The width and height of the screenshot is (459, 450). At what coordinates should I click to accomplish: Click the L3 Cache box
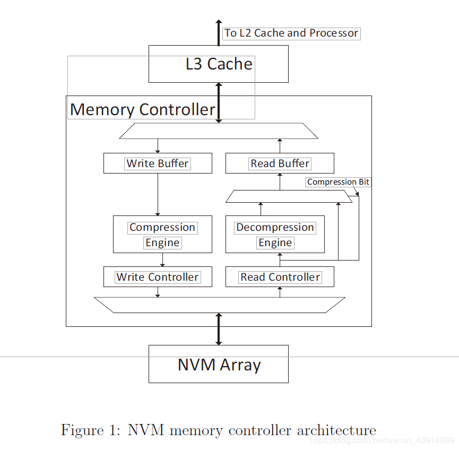tap(218, 64)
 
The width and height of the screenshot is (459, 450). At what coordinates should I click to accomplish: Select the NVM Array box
tap(218, 364)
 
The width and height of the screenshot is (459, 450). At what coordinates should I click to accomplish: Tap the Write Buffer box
tap(158, 163)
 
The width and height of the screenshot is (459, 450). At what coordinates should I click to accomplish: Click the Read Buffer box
tap(280, 163)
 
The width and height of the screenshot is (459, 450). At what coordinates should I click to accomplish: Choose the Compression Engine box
tap(162, 235)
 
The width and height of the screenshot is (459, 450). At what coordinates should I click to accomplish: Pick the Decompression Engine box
tap(275, 235)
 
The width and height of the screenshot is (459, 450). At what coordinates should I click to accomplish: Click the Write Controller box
tap(158, 277)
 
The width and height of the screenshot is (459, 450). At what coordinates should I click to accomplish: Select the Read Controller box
tap(280, 277)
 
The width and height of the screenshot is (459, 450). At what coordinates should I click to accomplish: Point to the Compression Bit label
tap(338, 182)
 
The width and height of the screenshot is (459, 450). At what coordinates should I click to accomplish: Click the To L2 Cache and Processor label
tap(291, 33)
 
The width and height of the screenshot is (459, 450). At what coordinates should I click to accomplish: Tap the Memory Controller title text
tap(142, 109)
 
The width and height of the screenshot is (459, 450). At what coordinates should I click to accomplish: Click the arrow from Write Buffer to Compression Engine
tap(158, 194)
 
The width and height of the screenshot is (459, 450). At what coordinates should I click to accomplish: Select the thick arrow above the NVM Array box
tap(218, 329)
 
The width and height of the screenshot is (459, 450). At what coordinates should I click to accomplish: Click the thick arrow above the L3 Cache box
tap(218, 32)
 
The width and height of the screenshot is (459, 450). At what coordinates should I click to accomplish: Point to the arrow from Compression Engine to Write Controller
tap(162, 259)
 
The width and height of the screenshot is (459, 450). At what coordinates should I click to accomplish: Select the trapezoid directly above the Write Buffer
tap(219, 131)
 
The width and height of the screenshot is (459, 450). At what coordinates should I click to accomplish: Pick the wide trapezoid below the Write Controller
tap(219, 305)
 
